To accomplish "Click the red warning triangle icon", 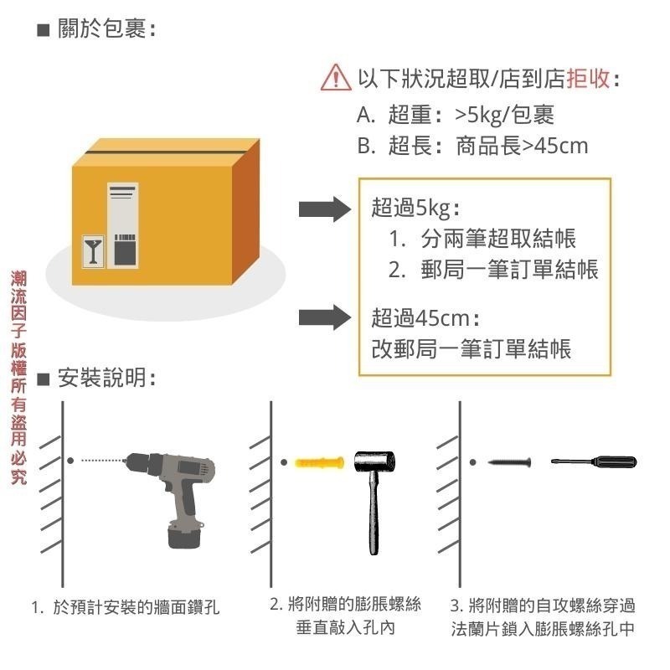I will pos(336,77).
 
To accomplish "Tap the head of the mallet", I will pos(374,462).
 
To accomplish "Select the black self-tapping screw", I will pos(508,462).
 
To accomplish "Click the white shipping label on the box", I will pos(122,224).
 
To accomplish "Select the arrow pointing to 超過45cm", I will pos(324,317).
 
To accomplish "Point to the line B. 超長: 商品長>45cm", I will pos(472,146).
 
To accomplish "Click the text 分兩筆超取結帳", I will pos(498,239).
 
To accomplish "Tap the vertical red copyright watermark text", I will pos(18,377).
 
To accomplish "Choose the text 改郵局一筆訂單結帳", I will pos(472,348).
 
